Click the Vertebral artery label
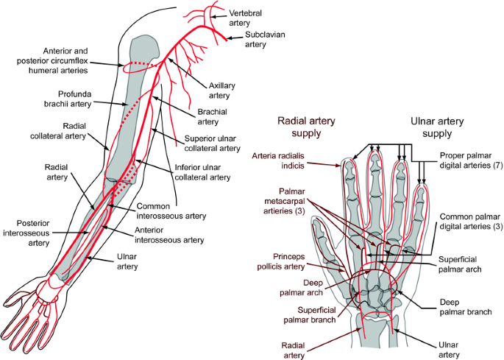pos(245,18)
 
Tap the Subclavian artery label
pos(265,39)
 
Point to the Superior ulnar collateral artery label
pos(212,144)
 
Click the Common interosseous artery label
pos(171,211)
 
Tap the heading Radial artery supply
pos(306,127)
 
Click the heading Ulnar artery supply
pos(437,127)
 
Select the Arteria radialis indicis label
pos(278,160)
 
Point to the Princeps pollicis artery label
pos(280,261)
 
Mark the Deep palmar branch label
pos(466,307)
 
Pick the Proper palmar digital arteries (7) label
pos(471,160)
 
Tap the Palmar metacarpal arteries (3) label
pos(285,201)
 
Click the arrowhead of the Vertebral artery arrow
pos(213,16)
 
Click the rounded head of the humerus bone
pos(144,47)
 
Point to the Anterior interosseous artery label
pos(169,235)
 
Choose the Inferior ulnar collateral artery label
pos(202,172)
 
